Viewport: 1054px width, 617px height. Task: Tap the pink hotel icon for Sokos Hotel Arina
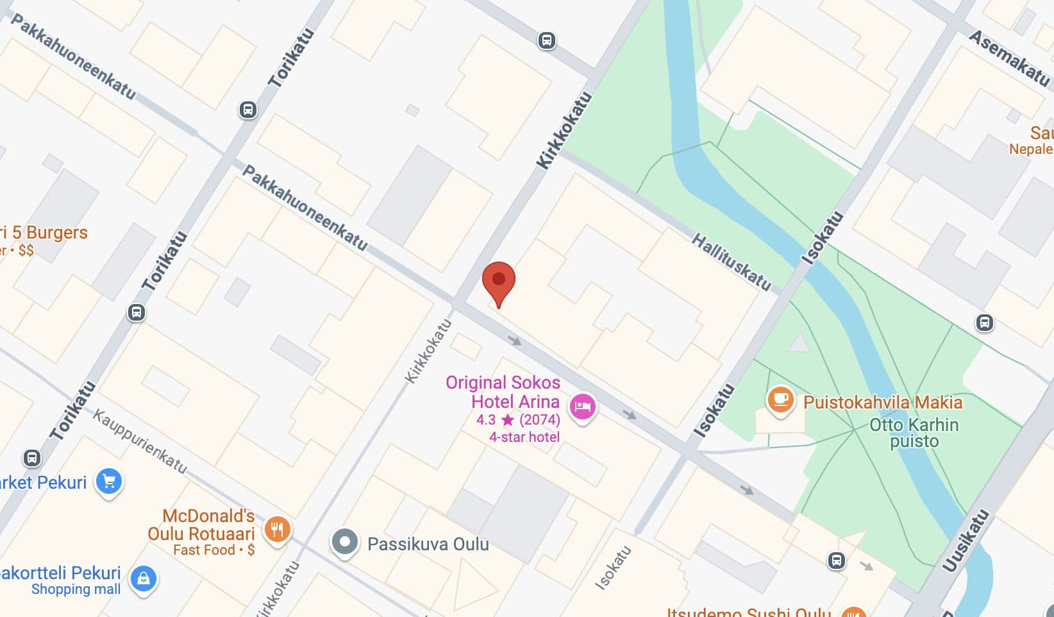(x=582, y=407)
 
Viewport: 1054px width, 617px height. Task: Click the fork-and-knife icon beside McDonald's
(x=277, y=530)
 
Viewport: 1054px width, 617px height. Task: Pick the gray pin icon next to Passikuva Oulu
(x=345, y=542)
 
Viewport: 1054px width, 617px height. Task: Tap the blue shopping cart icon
(x=109, y=481)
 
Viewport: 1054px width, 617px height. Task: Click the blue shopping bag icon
(x=144, y=579)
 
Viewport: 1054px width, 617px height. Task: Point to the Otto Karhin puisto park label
(x=914, y=433)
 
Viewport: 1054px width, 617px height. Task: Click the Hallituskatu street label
(x=731, y=262)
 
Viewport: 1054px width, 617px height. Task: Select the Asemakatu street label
(x=1010, y=58)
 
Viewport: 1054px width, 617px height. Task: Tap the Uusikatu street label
(x=964, y=540)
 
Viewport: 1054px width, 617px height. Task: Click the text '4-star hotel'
(x=524, y=437)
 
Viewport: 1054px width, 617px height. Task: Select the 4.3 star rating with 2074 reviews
(x=518, y=420)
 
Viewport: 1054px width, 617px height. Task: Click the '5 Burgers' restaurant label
(x=45, y=232)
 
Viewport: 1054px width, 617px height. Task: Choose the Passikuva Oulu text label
(x=428, y=544)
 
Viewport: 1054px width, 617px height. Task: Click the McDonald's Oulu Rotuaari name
(x=201, y=525)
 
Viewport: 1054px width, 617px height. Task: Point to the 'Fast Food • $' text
(x=213, y=550)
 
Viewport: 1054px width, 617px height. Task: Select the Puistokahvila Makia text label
(x=883, y=402)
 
